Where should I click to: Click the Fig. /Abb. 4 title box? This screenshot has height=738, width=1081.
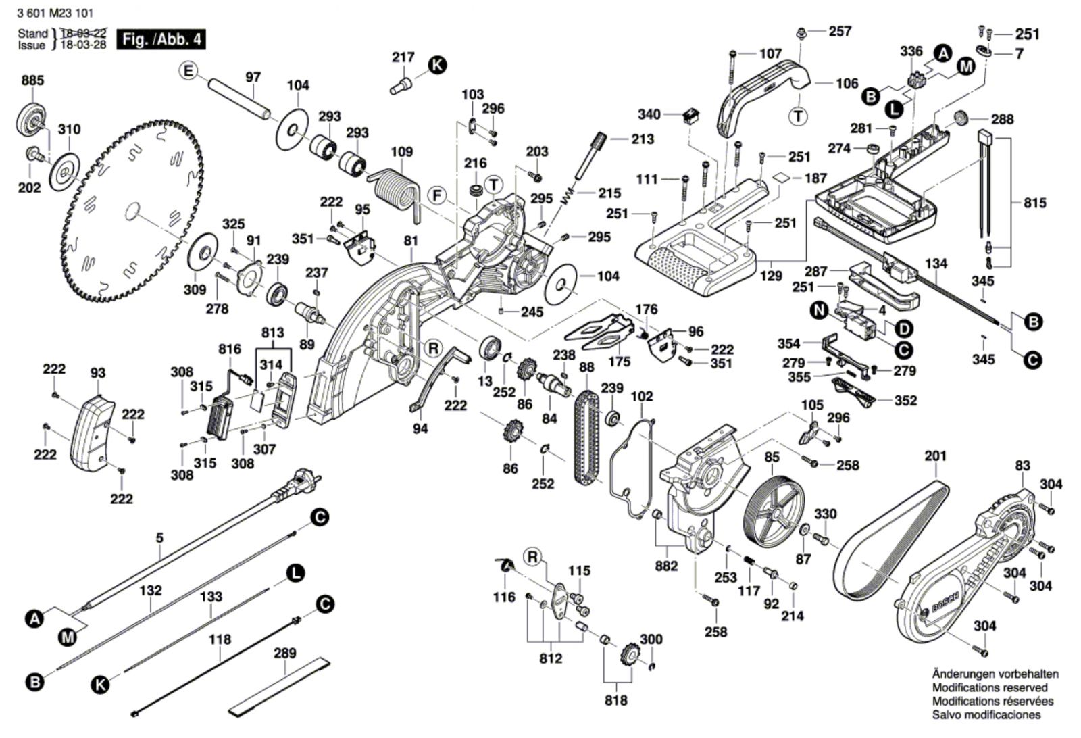coord(161,40)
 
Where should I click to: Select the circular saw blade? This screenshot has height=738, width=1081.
coord(132,212)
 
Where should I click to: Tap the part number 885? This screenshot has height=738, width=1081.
coord(33,80)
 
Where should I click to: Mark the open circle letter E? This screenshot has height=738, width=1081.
coord(188,71)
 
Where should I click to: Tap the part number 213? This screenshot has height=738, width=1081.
coord(643,139)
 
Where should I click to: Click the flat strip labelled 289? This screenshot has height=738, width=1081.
coord(280,686)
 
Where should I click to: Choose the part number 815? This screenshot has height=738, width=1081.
coord(1035,203)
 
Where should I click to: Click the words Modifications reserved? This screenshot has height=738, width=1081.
coord(990,687)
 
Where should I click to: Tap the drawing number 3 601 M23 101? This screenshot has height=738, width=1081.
coord(55,14)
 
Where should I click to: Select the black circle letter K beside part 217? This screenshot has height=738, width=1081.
coord(438,65)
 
